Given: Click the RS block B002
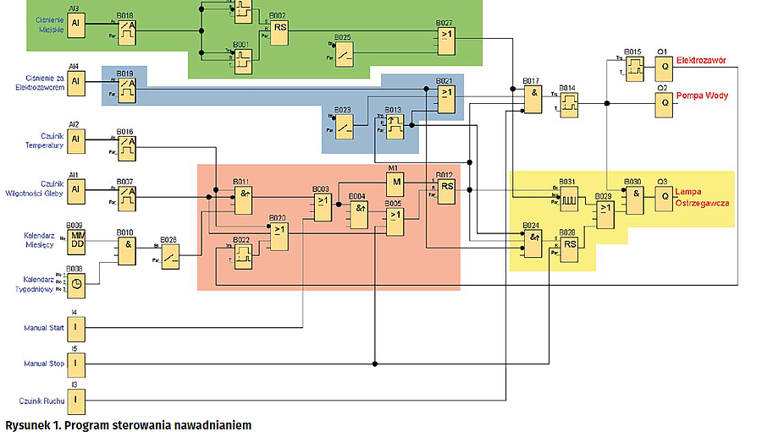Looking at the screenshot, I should [279, 27].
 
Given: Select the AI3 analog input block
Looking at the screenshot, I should [76, 23].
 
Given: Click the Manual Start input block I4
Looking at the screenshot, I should [76, 325].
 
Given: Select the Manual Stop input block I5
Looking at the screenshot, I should [76, 363].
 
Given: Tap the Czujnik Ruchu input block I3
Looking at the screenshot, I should [76, 399].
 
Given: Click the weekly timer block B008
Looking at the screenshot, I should [76, 286].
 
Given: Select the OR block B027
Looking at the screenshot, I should [446, 35].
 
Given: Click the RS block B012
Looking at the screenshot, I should [447, 189].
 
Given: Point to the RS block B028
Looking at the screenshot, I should [570, 245].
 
